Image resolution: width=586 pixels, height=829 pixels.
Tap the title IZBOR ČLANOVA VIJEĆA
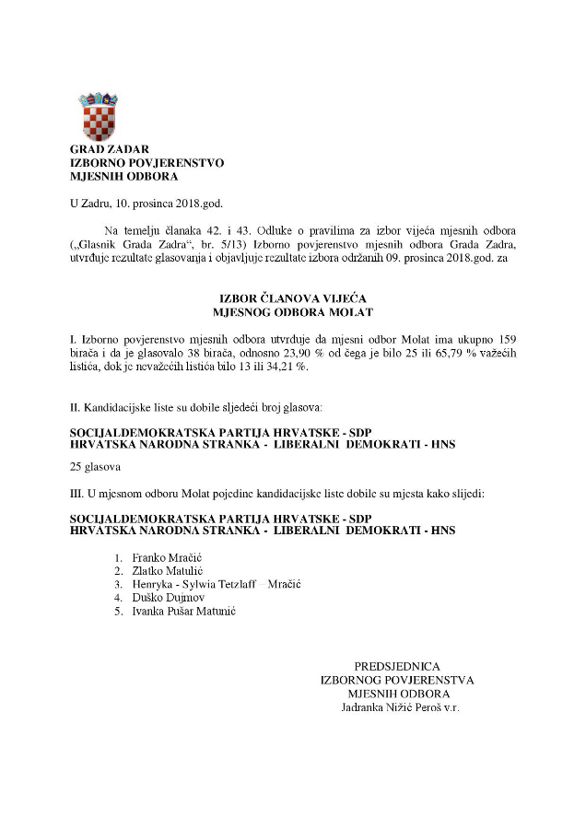click(x=296, y=299)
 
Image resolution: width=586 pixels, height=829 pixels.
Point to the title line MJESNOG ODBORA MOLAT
click(x=296, y=313)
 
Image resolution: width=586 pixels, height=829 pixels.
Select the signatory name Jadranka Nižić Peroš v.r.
click(x=400, y=707)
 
